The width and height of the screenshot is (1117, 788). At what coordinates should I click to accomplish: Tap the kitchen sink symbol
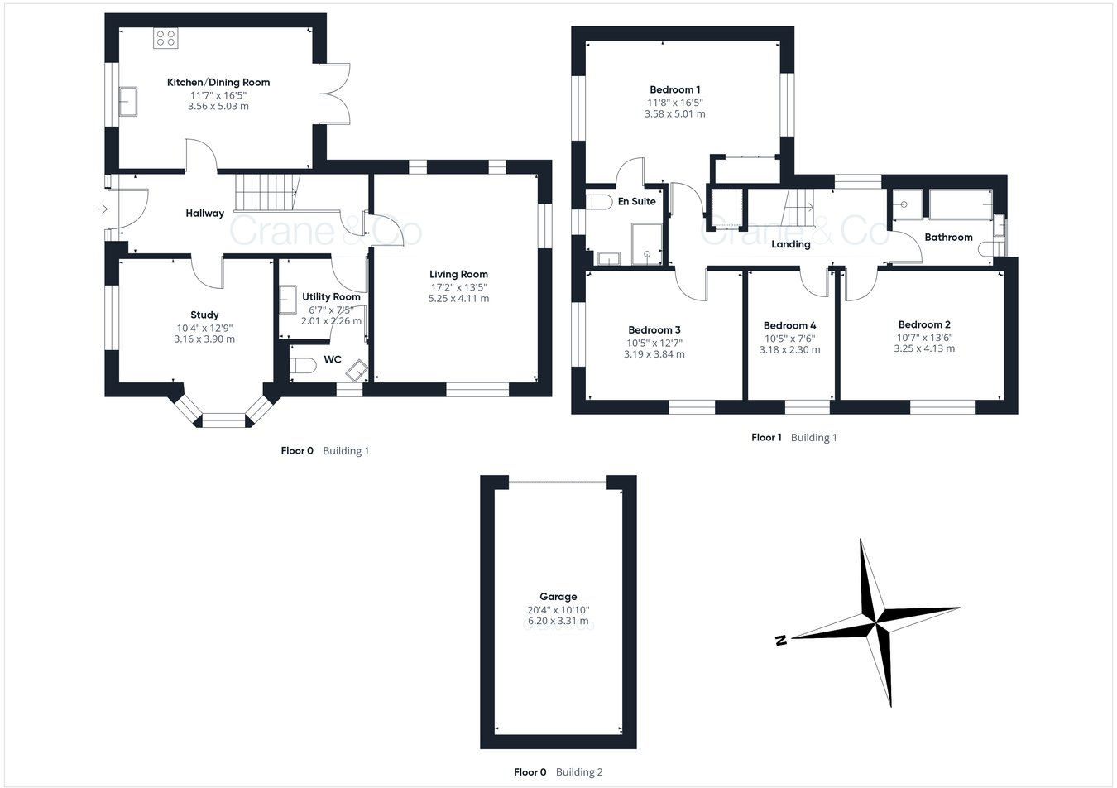pos(128,101)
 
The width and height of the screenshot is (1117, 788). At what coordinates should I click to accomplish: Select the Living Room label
pos(458,274)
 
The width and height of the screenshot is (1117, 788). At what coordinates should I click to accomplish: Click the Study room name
pos(204,315)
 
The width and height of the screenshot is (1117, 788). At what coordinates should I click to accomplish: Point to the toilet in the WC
pos(301,365)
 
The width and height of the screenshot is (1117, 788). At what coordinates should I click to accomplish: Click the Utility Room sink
pos(288,300)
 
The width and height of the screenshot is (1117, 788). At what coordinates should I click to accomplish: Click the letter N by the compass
pos(780,640)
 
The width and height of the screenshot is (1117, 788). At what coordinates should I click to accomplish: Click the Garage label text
pos(558,596)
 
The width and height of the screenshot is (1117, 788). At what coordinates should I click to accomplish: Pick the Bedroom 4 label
pos(789,325)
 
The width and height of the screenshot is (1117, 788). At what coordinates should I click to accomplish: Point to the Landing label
pos(790,244)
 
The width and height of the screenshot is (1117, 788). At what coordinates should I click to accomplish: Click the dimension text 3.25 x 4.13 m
pos(924,348)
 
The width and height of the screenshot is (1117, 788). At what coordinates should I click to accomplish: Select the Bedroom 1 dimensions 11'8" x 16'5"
pos(674,103)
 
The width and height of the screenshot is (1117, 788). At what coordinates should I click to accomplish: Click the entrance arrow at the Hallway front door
pos(103,209)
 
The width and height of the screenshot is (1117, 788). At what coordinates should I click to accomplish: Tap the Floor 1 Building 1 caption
pos(793,437)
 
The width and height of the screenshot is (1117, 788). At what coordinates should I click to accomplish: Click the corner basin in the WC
pos(357,369)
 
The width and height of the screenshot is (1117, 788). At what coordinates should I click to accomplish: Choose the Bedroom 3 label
pos(654,329)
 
